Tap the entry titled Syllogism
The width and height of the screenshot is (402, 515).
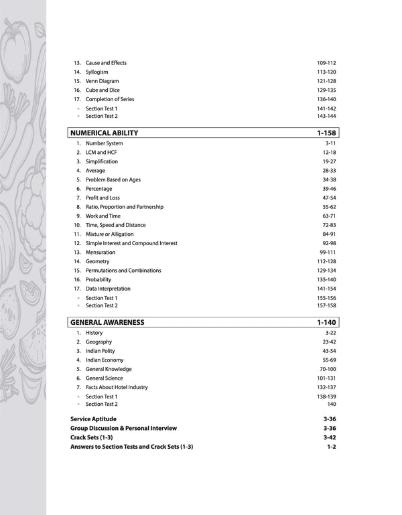tap(96, 72)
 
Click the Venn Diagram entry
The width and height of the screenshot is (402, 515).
tap(102, 81)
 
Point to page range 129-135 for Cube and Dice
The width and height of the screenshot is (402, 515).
tap(326, 90)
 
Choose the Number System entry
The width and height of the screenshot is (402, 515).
tap(104, 143)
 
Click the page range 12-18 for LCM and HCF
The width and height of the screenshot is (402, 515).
tap(328, 153)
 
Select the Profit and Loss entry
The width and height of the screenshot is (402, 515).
tap(103, 198)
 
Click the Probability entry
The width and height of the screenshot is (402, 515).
tap(98, 280)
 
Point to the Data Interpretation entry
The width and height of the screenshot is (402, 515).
tap(108, 289)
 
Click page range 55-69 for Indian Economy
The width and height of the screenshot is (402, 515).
tap(328, 360)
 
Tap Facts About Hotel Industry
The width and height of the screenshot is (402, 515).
tap(117, 387)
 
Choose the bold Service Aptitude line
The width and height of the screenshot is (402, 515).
tap(93, 419)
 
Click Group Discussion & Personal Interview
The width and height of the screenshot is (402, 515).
tap(123, 428)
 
